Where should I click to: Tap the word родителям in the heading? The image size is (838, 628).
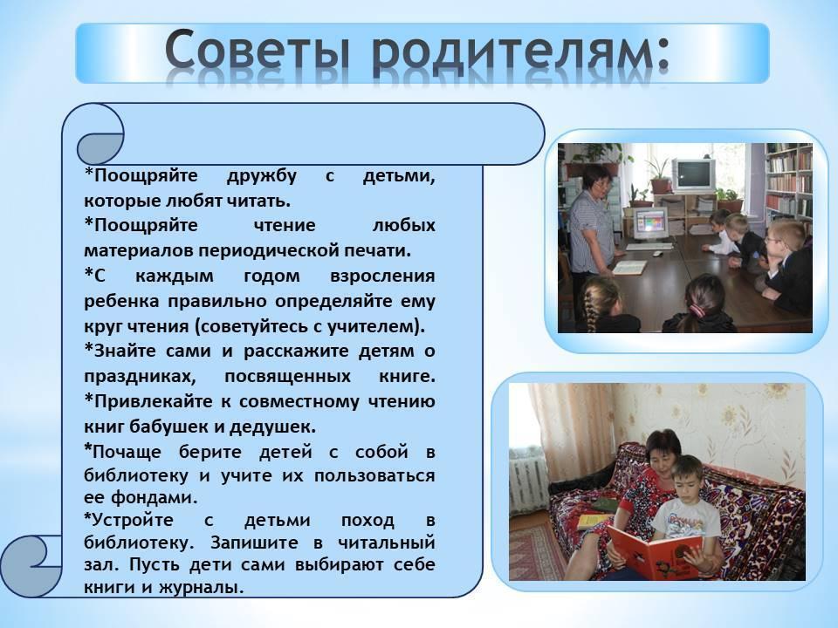pyautogui.click(x=512, y=52)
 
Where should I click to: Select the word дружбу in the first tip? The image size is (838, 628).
pyautogui.click(x=261, y=175)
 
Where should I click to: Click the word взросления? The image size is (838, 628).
pyautogui.click(x=382, y=276)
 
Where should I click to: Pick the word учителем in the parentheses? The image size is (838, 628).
pyautogui.click(x=373, y=325)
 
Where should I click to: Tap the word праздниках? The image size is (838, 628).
pyautogui.click(x=140, y=377)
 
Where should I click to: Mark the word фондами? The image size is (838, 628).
pyautogui.click(x=155, y=497)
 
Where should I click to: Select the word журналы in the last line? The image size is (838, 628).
pyautogui.click(x=202, y=587)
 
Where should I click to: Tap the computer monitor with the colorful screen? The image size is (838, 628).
pyautogui.click(x=651, y=222)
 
